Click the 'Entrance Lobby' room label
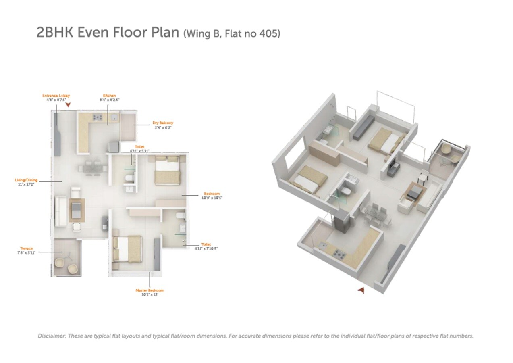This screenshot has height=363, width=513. (56, 96)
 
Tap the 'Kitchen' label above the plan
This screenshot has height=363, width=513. (109, 96)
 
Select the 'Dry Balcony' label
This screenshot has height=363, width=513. (163, 123)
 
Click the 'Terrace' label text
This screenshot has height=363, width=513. (27, 248)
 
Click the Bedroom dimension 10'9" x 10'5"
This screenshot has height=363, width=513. (212, 198)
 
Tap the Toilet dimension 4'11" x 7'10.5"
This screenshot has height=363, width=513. (206, 249)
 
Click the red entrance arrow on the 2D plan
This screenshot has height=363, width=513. (68, 105)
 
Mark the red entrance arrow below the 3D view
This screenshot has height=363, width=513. (361, 290)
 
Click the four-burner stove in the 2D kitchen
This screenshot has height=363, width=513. (98, 117)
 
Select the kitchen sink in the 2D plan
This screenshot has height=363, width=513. (114, 117)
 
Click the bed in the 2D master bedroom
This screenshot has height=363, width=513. (128, 248)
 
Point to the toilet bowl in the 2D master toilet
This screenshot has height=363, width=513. (181, 216)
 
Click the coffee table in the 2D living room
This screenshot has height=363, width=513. (77, 210)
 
